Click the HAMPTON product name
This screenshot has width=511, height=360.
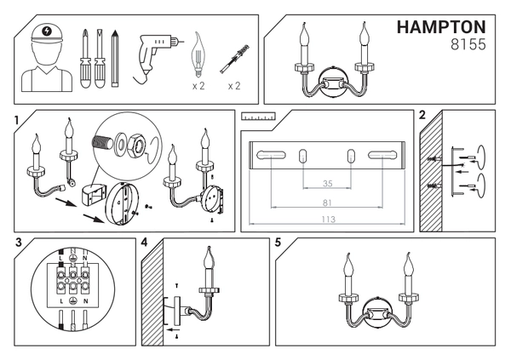441,28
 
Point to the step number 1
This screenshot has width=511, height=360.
18,120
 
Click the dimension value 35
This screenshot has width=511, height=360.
326,184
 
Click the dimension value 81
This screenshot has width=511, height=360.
326,203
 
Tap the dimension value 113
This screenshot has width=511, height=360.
326,220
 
